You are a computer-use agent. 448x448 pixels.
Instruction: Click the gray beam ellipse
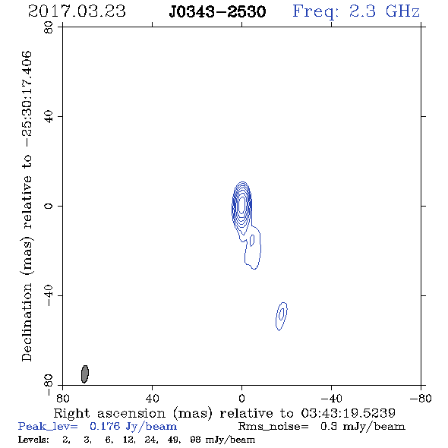pos(85,374)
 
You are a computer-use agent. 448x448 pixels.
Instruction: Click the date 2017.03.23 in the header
pos(77,11)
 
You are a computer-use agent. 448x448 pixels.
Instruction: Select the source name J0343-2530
pos(217,12)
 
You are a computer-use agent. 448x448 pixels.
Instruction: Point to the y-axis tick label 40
pos(49,117)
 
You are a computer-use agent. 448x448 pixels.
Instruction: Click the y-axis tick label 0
pos(49,206)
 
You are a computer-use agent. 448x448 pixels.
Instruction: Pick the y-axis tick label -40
pos(49,295)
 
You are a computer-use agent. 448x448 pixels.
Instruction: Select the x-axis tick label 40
pos(153,399)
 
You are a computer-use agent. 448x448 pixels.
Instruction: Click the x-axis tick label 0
pos(242,399)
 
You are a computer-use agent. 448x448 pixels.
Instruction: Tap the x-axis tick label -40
pos(331,399)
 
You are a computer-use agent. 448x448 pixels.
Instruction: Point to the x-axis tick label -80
pos(421,399)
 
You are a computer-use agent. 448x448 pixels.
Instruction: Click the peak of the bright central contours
pos(242,205)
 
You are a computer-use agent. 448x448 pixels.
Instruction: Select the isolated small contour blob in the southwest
pos(282,316)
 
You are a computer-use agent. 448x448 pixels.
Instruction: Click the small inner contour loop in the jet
pos(252,240)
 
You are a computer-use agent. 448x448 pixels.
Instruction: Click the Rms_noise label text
pos(273,427)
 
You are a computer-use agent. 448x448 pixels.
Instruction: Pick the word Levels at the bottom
pos(33,440)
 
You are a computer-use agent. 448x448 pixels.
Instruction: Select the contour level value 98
pos(195,440)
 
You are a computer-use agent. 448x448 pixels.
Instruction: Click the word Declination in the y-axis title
pos(27,322)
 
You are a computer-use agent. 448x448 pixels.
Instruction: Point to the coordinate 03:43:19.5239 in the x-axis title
pos(348,413)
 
